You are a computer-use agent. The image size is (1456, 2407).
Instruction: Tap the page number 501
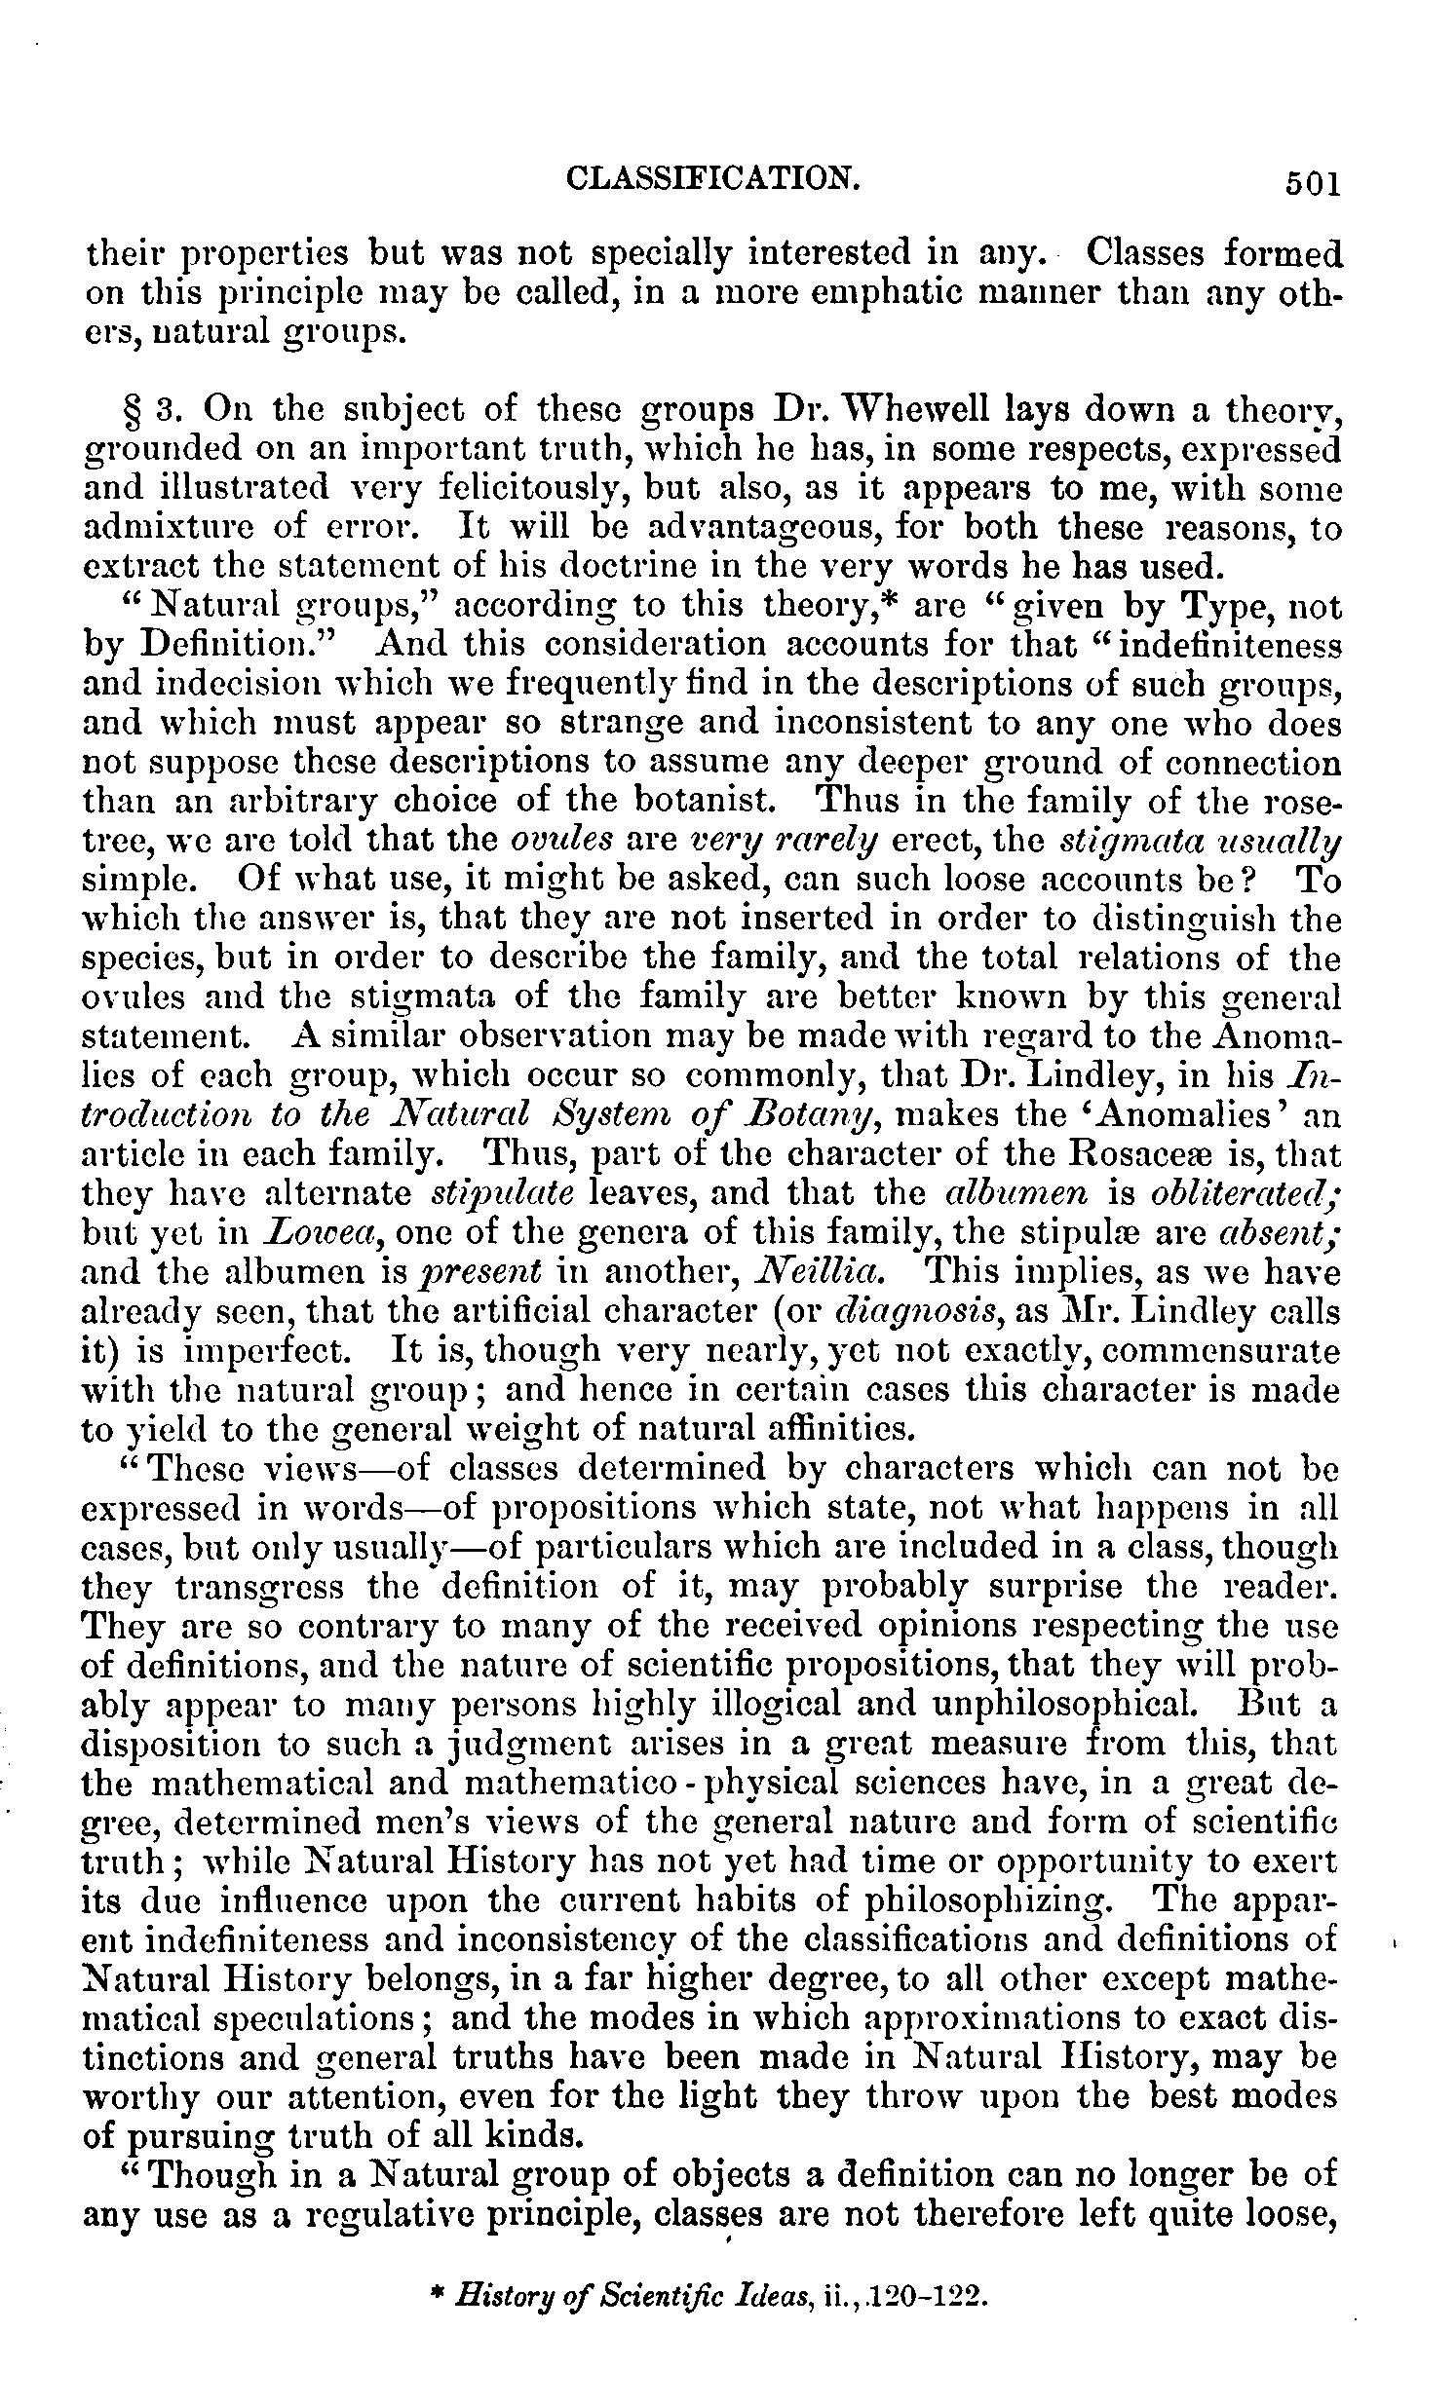(1311, 184)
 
